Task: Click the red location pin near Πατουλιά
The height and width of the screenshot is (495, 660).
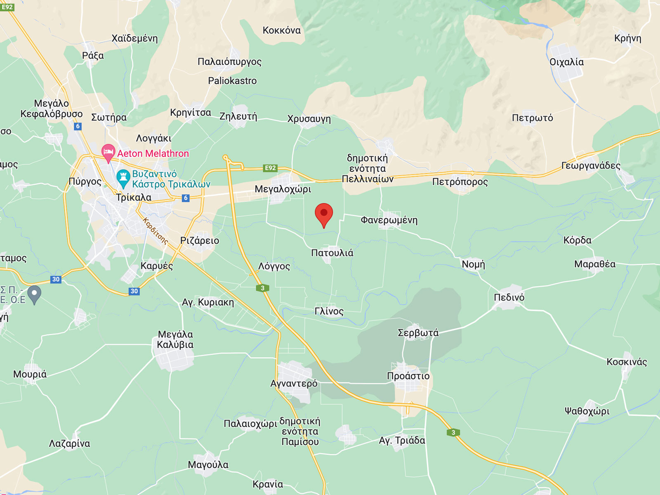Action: point(324,214)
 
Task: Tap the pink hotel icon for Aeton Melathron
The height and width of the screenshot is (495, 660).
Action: point(108,153)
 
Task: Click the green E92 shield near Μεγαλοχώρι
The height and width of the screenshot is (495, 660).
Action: point(270,168)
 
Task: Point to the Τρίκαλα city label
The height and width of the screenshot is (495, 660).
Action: point(134,197)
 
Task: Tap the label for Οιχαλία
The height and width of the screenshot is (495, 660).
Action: point(566,62)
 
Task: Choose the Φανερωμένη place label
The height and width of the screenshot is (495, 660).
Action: point(389,220)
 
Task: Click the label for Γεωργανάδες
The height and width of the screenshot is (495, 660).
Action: point(591,165)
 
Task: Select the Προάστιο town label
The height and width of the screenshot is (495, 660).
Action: point(408,376)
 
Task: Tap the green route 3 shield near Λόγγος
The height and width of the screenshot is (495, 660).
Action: point(262,288)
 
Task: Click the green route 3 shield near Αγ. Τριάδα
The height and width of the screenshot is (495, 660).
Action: point(453,432)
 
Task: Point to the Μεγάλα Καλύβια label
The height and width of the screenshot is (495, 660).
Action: point(175,339)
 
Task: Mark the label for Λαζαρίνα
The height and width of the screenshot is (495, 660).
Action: point(69,443)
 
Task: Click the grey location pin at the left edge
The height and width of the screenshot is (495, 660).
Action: point(35,294)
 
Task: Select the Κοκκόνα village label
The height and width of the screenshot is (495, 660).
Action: point(282,30)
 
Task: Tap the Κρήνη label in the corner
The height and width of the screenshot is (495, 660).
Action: point(627,38)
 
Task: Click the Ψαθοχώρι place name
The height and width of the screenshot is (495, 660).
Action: point(587,411)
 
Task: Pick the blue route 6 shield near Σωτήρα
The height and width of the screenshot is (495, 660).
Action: point(78,126)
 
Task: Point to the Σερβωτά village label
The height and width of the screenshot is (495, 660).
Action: point(418,332)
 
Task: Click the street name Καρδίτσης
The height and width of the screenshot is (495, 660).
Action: point(155,231)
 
